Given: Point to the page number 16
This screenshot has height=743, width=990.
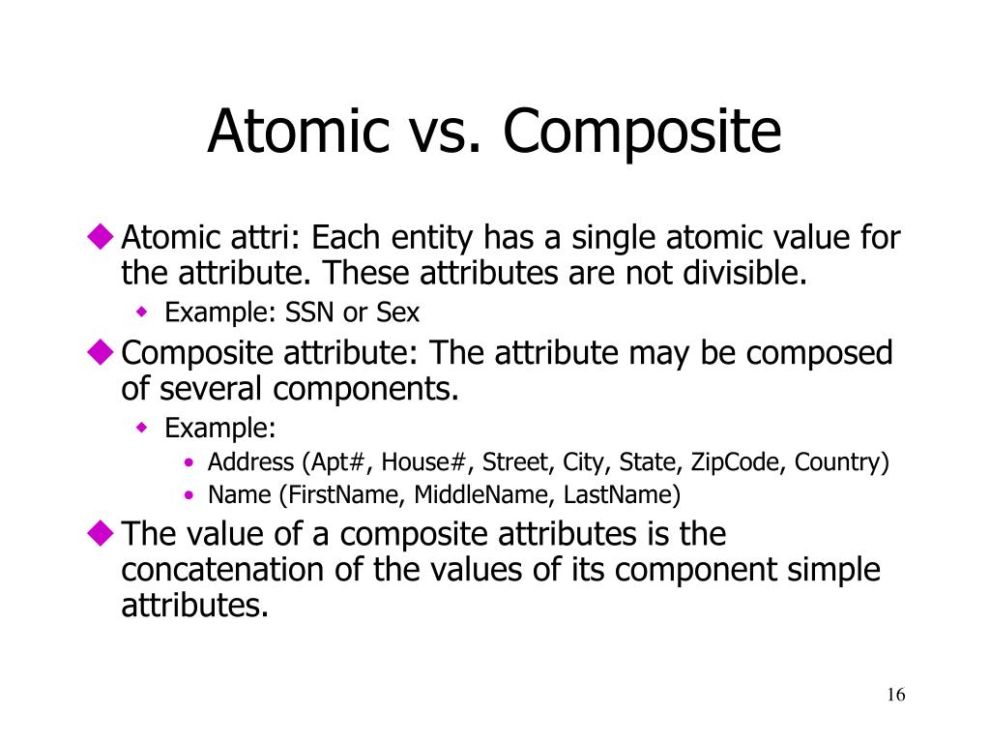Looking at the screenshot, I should (894, 696).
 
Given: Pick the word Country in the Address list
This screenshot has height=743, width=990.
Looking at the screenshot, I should (837, 461).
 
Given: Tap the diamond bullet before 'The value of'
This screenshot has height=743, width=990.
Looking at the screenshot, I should (100, 533).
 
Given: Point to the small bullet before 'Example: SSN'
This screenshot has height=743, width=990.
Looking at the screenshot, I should (141, 312).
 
